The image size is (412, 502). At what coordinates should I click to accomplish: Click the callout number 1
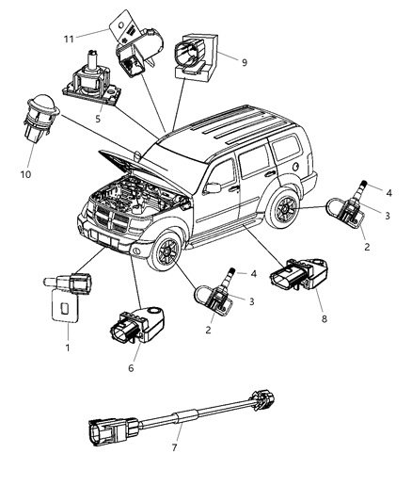(x=67, y=348)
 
